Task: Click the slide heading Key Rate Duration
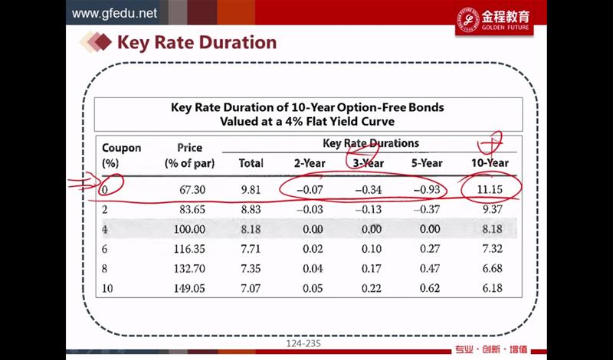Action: (196, 43)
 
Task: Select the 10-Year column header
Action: (490, 162)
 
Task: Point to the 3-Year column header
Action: (368, 162)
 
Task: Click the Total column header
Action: (251, 162)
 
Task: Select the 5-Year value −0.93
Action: (427, 188)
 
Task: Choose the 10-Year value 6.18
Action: (490, 289)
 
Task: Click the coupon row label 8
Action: (106, 269)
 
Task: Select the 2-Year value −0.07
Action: (309, 188)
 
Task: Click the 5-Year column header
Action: (427, 162)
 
